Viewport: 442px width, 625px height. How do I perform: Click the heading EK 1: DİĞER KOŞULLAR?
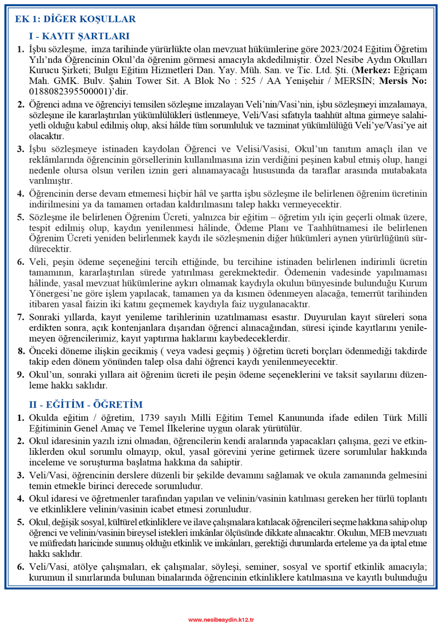click(x=75, y=19)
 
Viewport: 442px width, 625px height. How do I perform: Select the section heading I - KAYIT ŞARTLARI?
click(x=79, y=36)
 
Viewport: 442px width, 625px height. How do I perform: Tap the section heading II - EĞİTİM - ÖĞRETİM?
click(x=86, y=405)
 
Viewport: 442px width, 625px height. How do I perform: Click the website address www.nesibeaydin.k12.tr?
click(x=221, y=620)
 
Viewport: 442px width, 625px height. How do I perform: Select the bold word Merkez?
click(x=373, y=70)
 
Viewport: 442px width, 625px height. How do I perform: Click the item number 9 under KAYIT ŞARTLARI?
click(x=21, y=375)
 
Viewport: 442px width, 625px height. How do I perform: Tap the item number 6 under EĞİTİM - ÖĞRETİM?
click(x=21, y=567)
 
